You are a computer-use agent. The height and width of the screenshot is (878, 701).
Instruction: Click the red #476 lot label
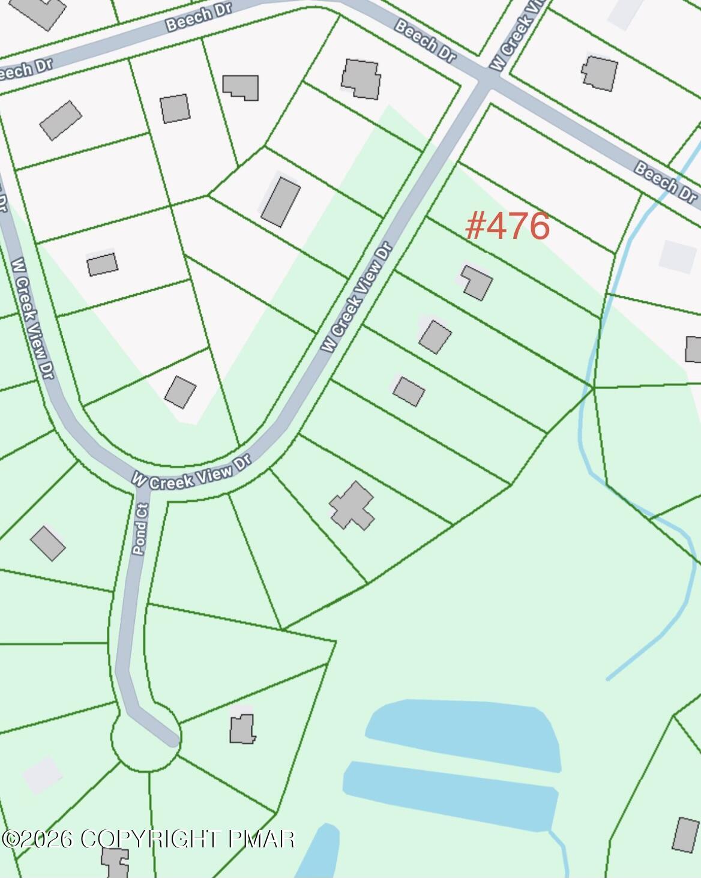(507, 226)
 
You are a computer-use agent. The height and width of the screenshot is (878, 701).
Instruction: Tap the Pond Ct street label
(140, 529)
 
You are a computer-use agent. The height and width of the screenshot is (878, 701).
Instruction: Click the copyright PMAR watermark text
(149, 838)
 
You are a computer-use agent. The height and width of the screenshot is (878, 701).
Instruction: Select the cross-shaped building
(352, 505)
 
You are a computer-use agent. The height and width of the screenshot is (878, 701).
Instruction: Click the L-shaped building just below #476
(477, 282)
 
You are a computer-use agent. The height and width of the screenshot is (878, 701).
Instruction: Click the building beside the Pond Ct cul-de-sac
(242, 729)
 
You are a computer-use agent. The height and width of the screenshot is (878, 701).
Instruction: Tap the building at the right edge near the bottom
(685, 834)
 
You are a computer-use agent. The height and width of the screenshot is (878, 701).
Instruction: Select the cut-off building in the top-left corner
(42, 11)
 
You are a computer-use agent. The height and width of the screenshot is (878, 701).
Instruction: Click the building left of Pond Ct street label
(48, 543)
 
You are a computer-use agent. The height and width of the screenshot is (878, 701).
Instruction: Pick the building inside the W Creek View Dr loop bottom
(180, 391)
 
